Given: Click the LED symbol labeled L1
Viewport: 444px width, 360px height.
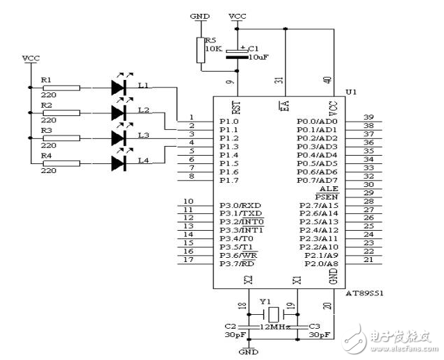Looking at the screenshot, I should tap(120, 88).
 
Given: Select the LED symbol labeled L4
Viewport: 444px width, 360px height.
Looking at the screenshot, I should tap(120, 163).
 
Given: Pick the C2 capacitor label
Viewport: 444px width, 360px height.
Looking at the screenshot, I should tap(231, 325).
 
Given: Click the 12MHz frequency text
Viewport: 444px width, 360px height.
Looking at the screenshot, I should tap(274, 326).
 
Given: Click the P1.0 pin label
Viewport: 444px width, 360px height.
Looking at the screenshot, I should tap(229, 121).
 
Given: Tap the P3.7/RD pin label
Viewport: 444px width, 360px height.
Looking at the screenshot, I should tap(237, 263).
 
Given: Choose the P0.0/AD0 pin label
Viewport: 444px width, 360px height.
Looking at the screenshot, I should tap(316, 121).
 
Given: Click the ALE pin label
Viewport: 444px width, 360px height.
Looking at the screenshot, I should tap(327, 188).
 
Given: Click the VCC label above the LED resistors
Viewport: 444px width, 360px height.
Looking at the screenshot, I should tap(31, 58).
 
